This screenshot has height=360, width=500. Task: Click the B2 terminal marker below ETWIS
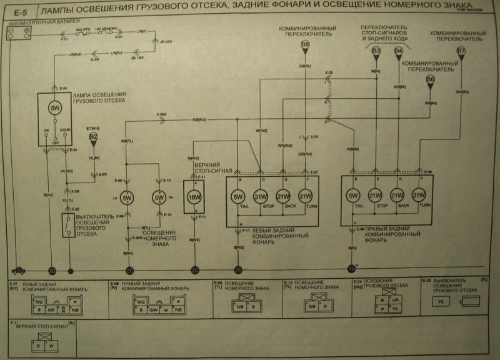pyautogui.click(x=93, y=136)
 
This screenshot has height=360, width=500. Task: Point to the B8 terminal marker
pyautogui.click(x=305, y=46)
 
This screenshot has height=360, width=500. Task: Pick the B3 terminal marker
pyautogui.click(x=376, y=51)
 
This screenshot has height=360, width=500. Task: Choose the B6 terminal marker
pyautogui.click(x=430, y=80)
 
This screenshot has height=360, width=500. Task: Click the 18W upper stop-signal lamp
pyautogui.click(x=193, y=196)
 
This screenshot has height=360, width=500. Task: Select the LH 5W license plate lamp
pyautogui.click(x=127, y=198)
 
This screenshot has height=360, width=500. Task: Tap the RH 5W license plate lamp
pyautogui.click(x=159, y=198)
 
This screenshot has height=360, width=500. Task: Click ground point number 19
pyautogui.click(x=351, y=269)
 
